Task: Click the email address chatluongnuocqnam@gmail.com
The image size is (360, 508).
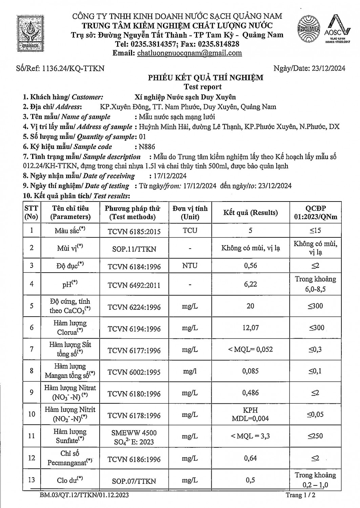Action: [189, 53]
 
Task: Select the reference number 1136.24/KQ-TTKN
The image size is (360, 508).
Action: [73, 68]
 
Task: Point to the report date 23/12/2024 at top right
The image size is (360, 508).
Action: [327, 68]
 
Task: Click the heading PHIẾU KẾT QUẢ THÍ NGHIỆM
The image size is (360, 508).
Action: [206, 78]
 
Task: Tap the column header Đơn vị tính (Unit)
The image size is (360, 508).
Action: [190, 212]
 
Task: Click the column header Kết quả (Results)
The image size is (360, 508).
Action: [250, 212]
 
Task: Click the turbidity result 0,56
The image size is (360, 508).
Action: [250, 266]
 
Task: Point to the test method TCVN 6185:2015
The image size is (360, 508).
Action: [134, 231]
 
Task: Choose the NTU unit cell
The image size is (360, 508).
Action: [190, 266]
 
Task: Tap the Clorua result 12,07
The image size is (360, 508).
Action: [250, 327]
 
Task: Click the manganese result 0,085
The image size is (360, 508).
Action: [250, 371]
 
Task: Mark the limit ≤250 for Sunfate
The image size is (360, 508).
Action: [315, 436]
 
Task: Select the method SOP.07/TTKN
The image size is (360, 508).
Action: [134, 481]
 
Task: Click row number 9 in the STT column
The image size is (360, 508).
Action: [31, 392]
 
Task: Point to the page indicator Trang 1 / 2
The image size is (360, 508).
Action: [301, 495]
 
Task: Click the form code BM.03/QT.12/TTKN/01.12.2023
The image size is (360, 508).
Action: [84, 495]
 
